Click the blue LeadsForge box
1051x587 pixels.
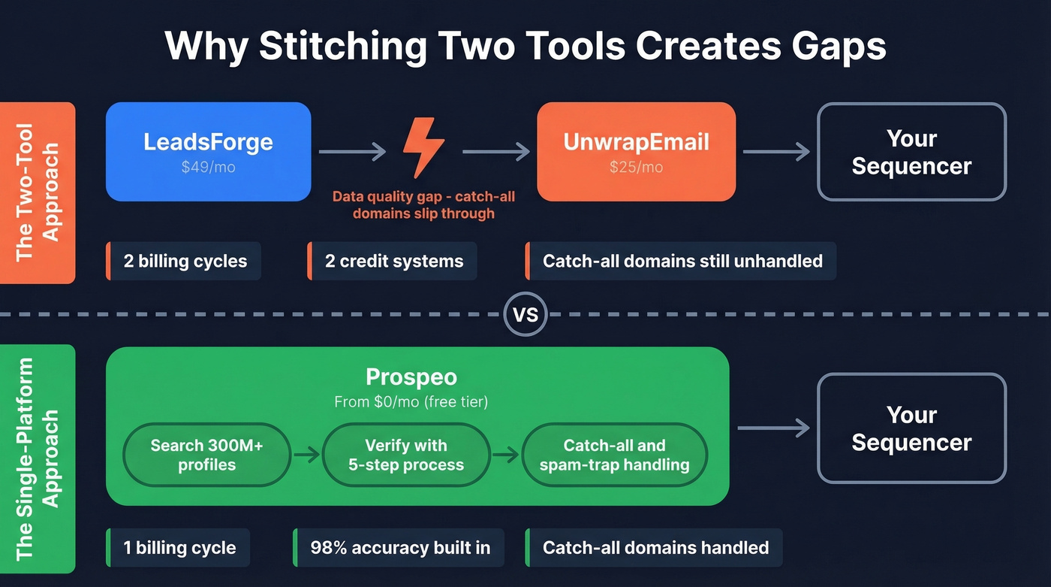[x=208, y=152]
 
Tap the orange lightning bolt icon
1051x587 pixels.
[x=424, y=147]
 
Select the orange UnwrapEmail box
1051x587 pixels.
[x=636, y=152]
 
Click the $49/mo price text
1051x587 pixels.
[x=208, y=168]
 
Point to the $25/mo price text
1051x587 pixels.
[x=636, y=168]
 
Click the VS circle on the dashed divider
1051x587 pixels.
[x=525, y=314]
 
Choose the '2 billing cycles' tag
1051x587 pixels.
[x=185, y=262]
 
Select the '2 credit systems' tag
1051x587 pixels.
[x=393, y=262]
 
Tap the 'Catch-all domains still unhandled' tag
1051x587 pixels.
[x=681, y=262]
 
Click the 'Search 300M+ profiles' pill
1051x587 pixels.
[x=206, y=455]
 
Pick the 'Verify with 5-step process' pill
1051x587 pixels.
[x=405, y=455]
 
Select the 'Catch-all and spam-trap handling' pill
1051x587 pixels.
[x=614, y=455]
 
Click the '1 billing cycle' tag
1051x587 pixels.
[x=179, y=547]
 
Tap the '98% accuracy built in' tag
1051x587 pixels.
[x=399, y=547]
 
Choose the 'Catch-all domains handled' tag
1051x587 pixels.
[x=654, y=547]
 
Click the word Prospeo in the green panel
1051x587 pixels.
[x=411, y=377]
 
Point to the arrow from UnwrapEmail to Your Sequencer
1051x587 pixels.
[x=776, y=152]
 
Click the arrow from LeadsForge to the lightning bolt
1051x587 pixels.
[x=351, y=152]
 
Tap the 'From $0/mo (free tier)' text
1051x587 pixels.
[x=411, y=402]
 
